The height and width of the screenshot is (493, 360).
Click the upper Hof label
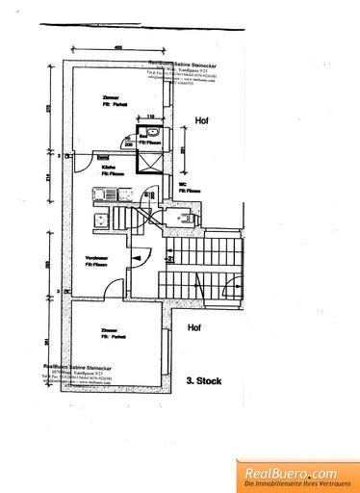point(200,121)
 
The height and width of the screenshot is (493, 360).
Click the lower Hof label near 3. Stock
point(194,328)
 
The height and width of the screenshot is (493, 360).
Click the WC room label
point(182,184)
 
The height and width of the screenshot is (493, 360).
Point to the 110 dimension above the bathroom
point(150,117)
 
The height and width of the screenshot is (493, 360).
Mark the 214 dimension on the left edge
point(59,178)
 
